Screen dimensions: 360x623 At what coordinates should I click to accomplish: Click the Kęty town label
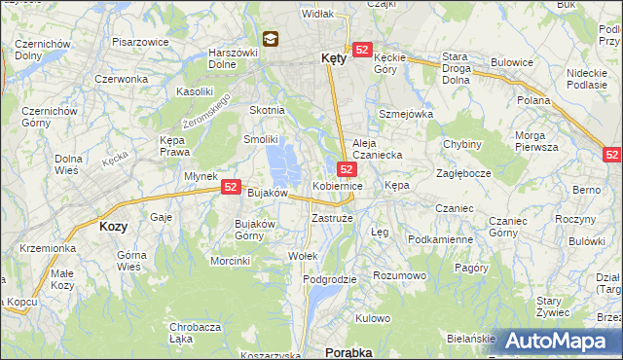click(334, 58)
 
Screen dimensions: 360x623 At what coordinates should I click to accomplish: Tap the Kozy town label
click(114, 226)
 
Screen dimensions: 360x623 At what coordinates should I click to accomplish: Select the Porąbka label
click(348, 352)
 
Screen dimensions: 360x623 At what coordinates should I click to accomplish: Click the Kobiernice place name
click(338, 185)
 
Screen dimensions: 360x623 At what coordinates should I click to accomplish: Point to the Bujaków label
click(267, 194)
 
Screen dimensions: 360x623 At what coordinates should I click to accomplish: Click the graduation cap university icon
click(270, 40)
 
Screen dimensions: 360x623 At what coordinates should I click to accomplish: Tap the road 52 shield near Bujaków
click(231, 186)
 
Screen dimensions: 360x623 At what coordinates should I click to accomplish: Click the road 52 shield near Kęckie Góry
click(362, 50)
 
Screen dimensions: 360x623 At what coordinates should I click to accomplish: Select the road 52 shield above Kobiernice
click(347, 169)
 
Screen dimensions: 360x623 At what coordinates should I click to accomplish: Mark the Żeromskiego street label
click(205, 114)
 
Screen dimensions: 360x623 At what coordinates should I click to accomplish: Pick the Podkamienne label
click(440, 239)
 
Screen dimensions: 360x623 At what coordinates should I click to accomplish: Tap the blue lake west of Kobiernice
click(283, 162)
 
